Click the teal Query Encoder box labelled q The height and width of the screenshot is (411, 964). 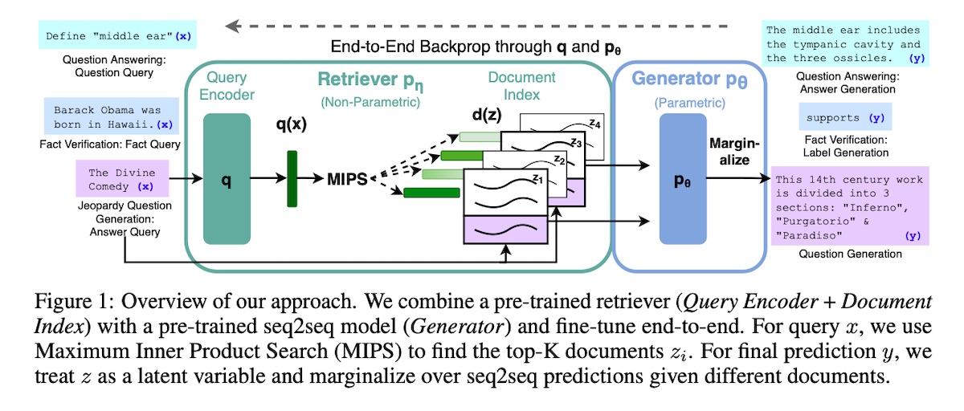227,178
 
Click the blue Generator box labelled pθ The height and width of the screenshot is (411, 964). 682,178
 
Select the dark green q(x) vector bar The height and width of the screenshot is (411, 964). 292,178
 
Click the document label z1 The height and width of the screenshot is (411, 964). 537,181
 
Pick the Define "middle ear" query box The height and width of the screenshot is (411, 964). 119,36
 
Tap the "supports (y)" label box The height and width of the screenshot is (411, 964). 844,118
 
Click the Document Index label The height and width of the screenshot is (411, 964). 521,86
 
